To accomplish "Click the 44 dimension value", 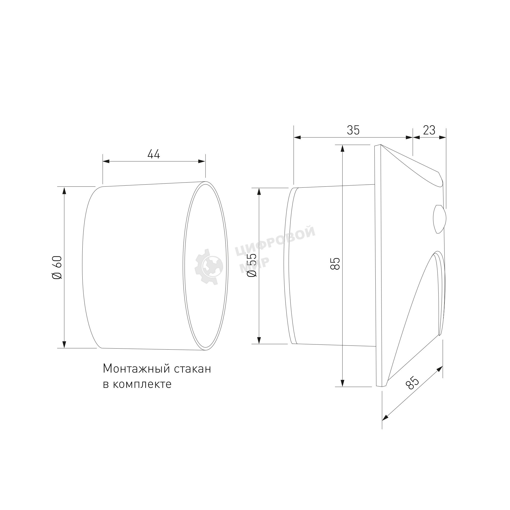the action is click(x=154, y=154).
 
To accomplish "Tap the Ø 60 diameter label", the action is click(x=57, y=267).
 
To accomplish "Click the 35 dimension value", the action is click(x=353, y=130).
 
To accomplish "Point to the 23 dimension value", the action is click(x=429, y=130).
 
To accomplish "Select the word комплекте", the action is click(x=142, y=385).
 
